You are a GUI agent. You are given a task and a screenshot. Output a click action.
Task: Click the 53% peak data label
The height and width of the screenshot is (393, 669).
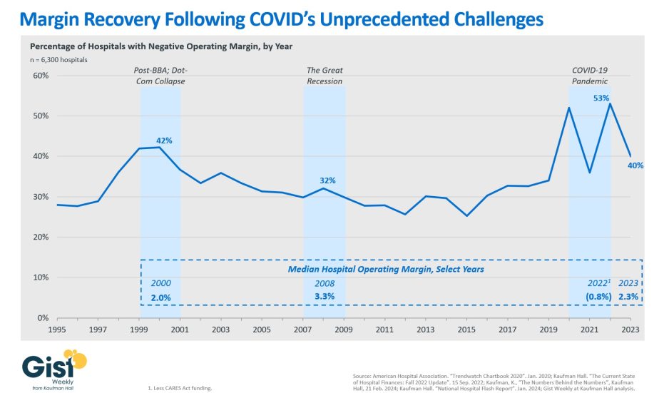601,98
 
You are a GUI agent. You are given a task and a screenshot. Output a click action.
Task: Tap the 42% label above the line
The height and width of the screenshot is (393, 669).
164,141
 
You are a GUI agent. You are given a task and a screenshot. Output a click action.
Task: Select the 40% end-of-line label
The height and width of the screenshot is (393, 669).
635,165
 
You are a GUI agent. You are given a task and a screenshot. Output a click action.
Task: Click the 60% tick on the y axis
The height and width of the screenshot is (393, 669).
40,76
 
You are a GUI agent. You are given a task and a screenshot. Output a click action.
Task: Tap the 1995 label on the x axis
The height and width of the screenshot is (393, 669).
57,330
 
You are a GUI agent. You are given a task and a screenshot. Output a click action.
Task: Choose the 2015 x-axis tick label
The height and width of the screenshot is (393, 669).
467,330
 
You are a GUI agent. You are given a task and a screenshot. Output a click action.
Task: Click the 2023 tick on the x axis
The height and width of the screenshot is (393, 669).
630,330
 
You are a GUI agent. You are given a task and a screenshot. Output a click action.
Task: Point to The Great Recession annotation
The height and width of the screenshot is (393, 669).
325,76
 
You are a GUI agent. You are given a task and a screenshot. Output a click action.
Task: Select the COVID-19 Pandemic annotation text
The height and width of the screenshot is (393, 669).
590,76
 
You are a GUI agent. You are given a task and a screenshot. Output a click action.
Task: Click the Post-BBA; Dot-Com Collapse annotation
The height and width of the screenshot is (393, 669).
160,76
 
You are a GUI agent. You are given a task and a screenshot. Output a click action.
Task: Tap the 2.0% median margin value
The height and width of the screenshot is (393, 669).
160,297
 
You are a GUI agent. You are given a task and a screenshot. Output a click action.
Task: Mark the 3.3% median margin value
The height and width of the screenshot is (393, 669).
325,297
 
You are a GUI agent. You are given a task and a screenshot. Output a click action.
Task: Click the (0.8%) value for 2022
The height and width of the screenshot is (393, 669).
598,297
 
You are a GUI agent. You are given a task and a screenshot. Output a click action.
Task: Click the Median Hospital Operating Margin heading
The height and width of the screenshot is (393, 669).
385,269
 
